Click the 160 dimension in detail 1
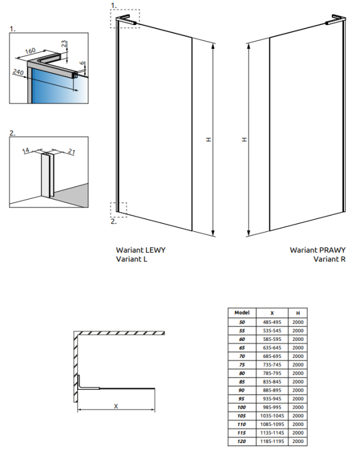click(x=30, y=51)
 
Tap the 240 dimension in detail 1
click(x=18, y=72)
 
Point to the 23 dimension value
click(x=64, y=44)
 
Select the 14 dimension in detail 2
click(x=26, y=151)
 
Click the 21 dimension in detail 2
click(x=72, y=151)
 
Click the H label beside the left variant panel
click(x=209, y=140)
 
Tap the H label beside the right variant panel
click(x=244, y=140)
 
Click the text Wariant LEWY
click(x=141, y=250)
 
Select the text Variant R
click(x=329, y=259)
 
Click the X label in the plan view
click(x=116, y=406)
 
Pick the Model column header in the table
click(x=242, y=313)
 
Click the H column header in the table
click(x=298, y=313)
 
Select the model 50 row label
click(x=242, y=322)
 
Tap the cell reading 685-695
click(x=272, y=356)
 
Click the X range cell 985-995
click(x=272, y=407)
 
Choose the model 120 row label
click(x=242, y=441)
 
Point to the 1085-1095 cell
click(x=272, y=424)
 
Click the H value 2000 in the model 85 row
click(x=298, y=382)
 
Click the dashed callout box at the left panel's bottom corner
click(x=119, y=209)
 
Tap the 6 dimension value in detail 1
click(x=83, y=63)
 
